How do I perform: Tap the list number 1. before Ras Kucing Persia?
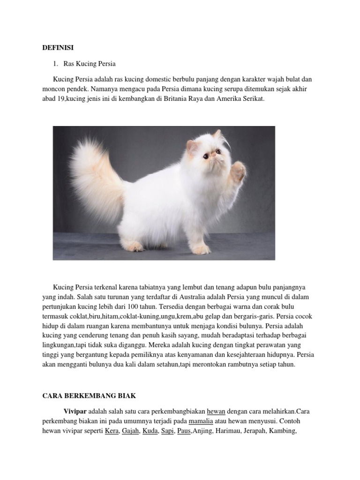[55, 63]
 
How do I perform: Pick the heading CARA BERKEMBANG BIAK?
[89, 396]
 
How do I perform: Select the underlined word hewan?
[216, 411]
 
